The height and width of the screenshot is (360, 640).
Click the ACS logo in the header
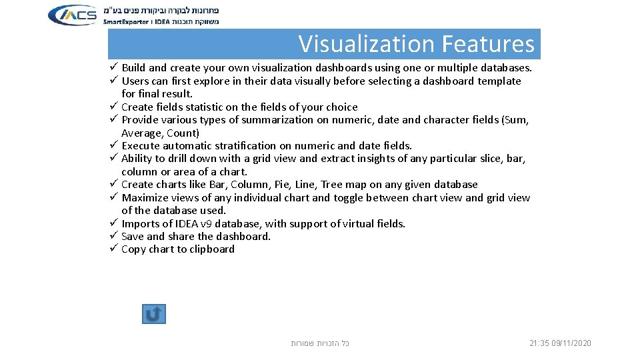click(x=73, y=15)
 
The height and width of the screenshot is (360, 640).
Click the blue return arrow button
click(x=153, y=314)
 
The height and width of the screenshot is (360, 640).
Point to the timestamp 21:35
click(x=539, y=343)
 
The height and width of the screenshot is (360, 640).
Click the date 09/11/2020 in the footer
click(x=571, y=343)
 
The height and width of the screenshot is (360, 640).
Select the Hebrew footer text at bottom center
click(x=320, y=343)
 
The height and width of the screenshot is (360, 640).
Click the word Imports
click(x=139, y=223)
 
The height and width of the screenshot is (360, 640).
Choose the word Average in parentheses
click(x=141, y=133)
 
